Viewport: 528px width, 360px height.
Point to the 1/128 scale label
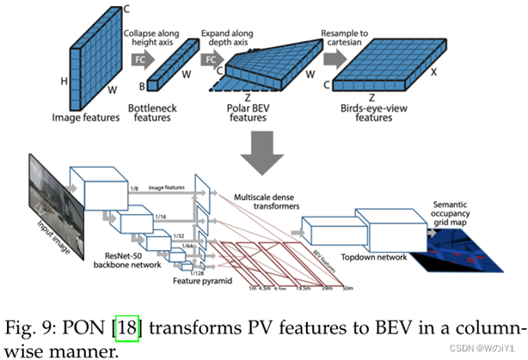click(x=198, y=272)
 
